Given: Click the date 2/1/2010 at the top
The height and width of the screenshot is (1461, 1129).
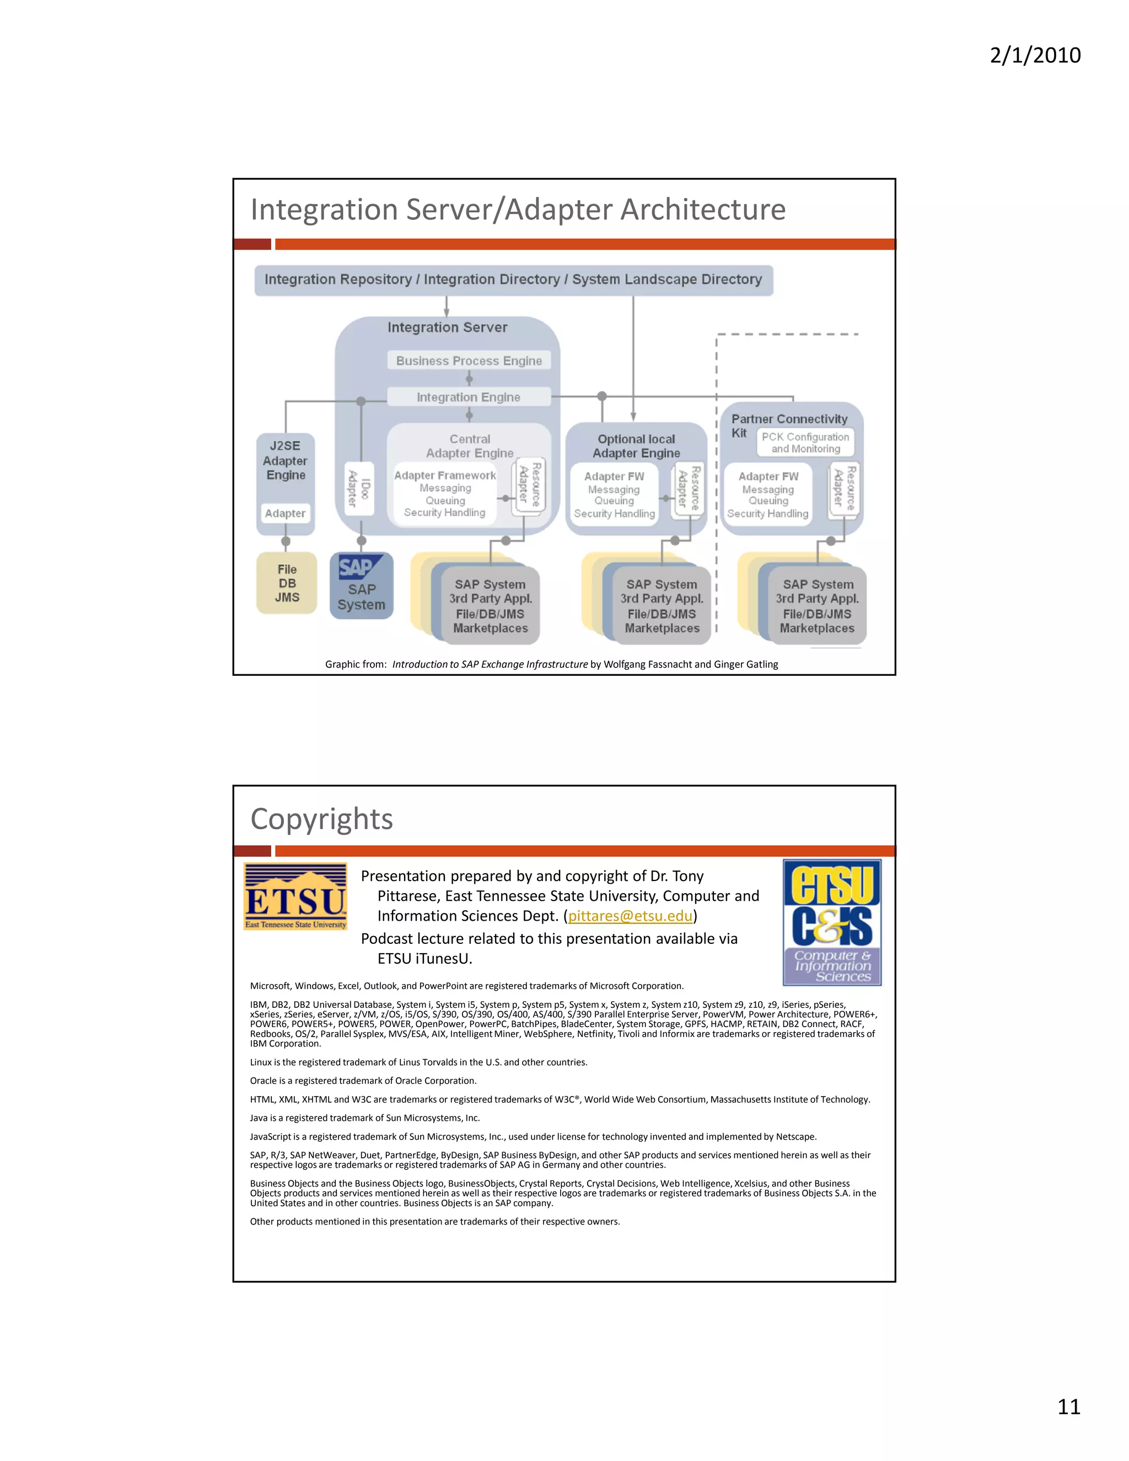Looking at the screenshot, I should click(x=1035, y=55).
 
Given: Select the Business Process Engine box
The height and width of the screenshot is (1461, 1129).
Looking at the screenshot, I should click(x=469, y=361).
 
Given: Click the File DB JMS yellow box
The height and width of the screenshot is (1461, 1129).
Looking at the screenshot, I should click(x=287, y=583).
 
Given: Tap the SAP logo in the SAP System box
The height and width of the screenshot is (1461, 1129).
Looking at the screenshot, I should click(x=357, y=567).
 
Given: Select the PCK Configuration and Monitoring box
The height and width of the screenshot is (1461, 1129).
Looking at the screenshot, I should click(x=805, y=443).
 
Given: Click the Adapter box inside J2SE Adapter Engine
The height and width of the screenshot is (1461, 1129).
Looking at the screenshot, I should click(x=285, y=513).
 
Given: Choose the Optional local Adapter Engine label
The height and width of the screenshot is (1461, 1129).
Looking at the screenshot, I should click(x=636, y=445).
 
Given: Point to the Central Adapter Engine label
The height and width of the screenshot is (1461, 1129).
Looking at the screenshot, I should click(x=470, y=445).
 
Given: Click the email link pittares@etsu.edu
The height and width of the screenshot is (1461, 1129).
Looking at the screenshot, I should click(x=630, y=916).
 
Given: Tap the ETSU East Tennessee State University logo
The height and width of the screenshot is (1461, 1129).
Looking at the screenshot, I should click(x=295, y=896).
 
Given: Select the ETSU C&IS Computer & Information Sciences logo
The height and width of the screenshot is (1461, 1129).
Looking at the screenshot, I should click(x=832, y=922).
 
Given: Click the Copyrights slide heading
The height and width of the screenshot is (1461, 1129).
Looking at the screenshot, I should click(x=322, y=819).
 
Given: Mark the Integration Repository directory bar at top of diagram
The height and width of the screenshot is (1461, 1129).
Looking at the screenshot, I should click(x=513, y=280).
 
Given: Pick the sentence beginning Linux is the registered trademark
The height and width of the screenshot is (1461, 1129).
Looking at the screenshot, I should click(x=419, y=1062).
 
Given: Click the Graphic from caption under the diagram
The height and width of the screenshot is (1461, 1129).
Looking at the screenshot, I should click(x=551, y=664).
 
